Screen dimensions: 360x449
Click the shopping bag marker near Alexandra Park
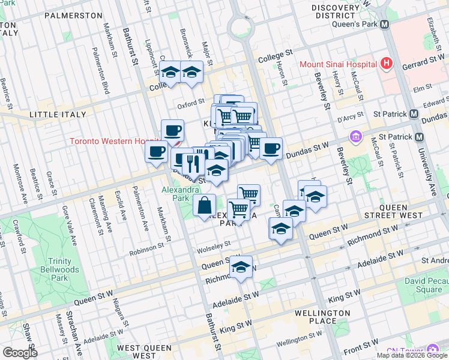click(205, 206)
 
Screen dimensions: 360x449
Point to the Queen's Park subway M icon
click(385, 25)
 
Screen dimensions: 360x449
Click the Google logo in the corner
click(20, 353)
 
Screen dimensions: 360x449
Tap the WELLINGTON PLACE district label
click(322, 317)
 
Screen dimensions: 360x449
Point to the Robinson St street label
click(146, 246)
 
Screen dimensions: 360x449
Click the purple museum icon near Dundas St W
click(357, 137)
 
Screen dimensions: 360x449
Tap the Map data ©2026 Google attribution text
click(411, 355)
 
